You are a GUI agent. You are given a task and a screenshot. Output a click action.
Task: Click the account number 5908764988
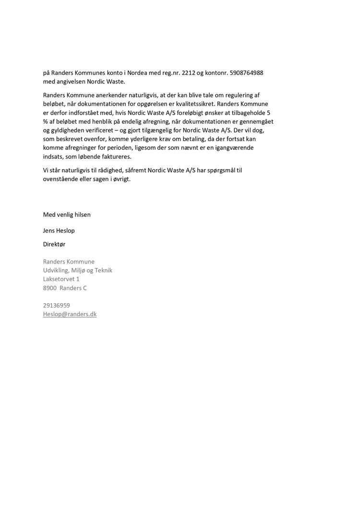(246, 73)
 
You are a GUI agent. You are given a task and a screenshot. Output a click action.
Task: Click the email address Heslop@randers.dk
(70, 314)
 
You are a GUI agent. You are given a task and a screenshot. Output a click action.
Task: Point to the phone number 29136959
(56, 305)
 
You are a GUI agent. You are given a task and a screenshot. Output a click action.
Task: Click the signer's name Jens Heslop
(59, 231)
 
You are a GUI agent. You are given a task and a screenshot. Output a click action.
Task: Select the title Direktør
(54, 244)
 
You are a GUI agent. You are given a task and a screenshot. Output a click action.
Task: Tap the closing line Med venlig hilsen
(67, 214)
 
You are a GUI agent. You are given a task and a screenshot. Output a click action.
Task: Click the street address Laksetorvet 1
(61, 279)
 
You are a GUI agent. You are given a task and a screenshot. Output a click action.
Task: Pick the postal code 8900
(50, 288)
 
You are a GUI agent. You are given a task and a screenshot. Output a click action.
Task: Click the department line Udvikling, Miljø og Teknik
(77, 270)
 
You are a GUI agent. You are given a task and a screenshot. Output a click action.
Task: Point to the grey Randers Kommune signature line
(69, 261)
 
